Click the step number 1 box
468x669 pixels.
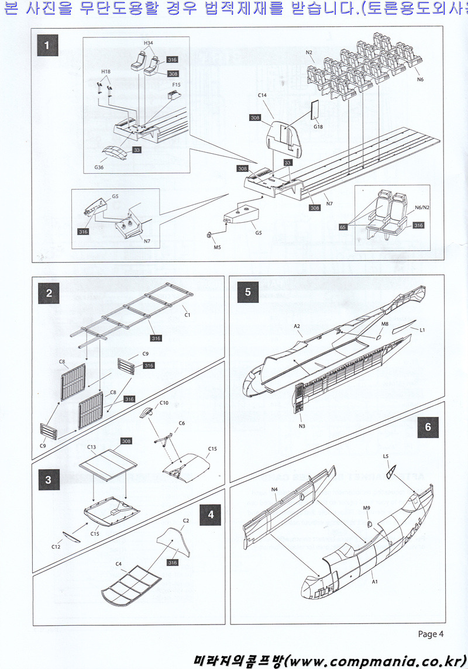(x=47, y=44)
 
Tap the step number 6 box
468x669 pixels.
(x=428, y=427)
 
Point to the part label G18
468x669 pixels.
(x=318, y=126)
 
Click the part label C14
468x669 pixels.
(x=262, y=94)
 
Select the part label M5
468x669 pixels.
(x=217, y=247)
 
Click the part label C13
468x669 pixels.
(x=92, y=447)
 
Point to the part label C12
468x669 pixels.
(x=56, y=547)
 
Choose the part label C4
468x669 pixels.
(x=118, y=564)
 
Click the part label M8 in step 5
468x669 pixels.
(x=385, y=323)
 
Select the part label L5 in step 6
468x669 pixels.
(x=386, y=456)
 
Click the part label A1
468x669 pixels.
(x=374, y=582)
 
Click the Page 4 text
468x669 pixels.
(x=431, y=633)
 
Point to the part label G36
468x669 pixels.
(x=99, y=167)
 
